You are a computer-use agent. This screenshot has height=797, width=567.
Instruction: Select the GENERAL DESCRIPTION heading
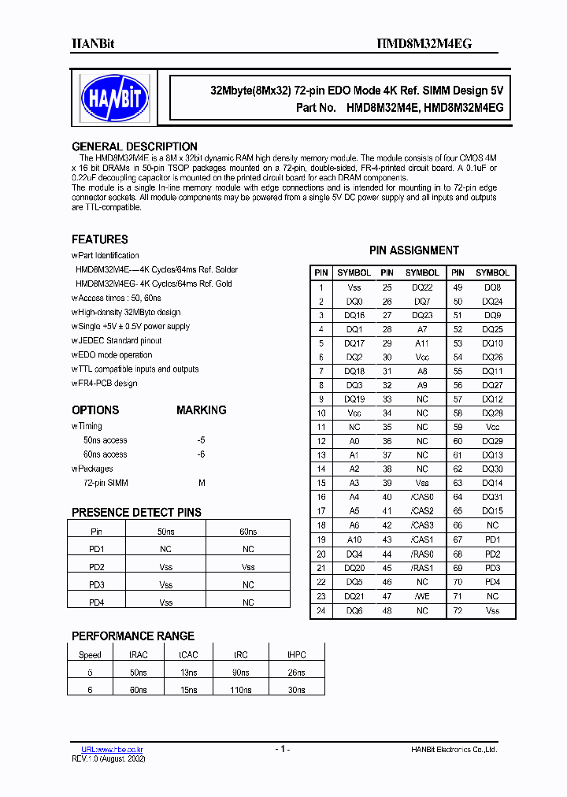[x=134, y=146]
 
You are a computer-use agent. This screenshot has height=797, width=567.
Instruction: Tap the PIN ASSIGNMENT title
[x=413, y=250]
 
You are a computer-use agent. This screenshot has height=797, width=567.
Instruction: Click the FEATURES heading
[x=99, y=239]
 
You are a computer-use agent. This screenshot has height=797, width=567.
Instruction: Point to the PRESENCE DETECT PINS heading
[x=136, y=512]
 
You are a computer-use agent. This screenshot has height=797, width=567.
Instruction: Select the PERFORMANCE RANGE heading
[x=132, y=636]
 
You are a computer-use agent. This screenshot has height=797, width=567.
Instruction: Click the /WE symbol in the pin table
[x=422, y=597]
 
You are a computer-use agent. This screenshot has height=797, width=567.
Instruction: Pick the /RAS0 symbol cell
[x=422, y=554]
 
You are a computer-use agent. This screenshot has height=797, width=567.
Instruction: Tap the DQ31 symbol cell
[x=492, y=497]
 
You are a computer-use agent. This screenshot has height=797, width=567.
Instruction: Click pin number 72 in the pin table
[x=458, y=611]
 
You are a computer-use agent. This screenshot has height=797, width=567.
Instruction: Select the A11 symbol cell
[x=422, y=343]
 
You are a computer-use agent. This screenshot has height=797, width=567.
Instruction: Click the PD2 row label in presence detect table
[x=97, y=567]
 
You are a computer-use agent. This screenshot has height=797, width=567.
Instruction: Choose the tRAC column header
[x=138, y=654]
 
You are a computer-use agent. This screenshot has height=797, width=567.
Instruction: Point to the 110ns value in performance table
[x=241, y=689]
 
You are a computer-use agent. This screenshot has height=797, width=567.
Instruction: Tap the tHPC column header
[x=297, y=654]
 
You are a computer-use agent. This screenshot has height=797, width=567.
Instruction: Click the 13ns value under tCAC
[x=188, y=672]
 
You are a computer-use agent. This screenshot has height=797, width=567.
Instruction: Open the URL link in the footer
[x=113, y=749]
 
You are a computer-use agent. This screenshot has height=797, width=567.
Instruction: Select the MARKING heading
[x=201, y=410]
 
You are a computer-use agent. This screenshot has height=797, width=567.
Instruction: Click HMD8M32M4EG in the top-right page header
[x=431, y=44]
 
